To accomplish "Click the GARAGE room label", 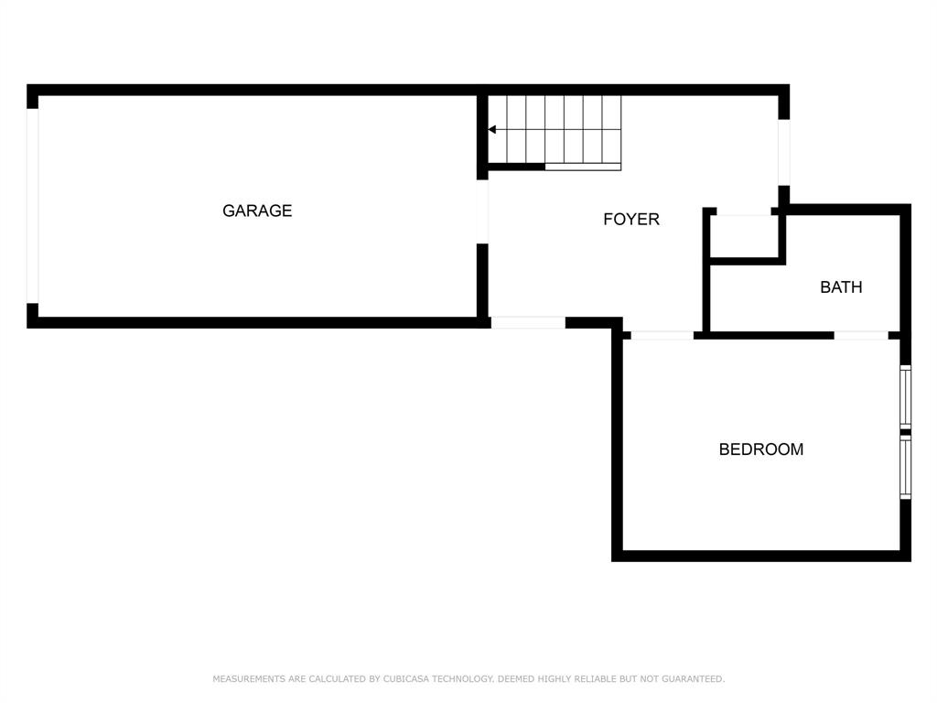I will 257,211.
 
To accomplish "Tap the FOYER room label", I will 631,220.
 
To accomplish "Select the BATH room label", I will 841,287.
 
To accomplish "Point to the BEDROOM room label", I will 761,449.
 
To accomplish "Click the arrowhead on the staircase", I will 492,130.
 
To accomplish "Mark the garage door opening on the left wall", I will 33,206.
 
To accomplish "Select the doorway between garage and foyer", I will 482,211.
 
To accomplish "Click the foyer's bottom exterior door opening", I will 528,322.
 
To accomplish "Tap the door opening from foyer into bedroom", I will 662,335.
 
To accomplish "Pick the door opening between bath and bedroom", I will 861,335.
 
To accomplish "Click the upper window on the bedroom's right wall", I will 906,397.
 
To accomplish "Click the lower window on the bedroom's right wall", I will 906,467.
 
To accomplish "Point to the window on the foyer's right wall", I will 783,153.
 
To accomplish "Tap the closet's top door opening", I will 743,211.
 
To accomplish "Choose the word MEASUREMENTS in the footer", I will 249,679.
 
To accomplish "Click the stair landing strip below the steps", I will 583,167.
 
